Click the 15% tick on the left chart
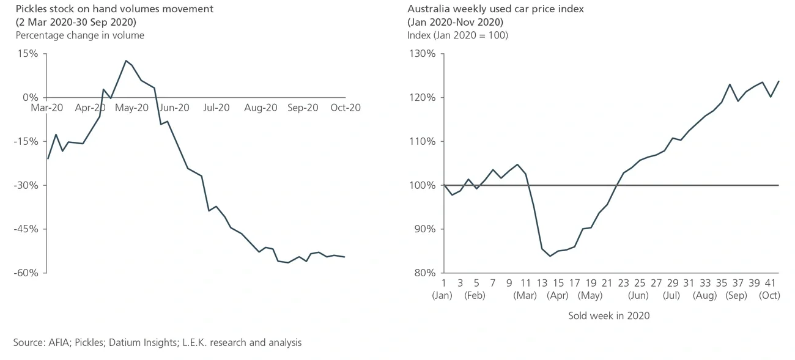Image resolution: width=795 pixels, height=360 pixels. [x=28, y=54]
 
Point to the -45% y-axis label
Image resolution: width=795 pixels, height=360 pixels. [x=26, y=229]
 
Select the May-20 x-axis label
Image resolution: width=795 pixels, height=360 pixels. [x=132, y=108]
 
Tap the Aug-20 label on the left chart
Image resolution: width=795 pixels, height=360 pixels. [x=261, y=108]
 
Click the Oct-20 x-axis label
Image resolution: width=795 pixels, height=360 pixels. [x=345, y=108]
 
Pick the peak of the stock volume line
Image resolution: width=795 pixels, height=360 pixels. [x=125, y=61]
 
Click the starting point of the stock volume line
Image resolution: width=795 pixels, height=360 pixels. [x=48, y=159]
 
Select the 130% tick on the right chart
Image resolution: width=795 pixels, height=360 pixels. [x=422, y=54]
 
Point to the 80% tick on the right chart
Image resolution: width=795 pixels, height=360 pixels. [x=424, y=273]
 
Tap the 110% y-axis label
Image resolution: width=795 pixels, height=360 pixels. [x=422, y=141]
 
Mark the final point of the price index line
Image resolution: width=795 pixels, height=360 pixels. [x=778, y=81]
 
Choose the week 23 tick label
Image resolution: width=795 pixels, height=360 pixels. [x=623, y=284]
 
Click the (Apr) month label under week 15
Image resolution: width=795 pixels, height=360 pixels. [x=557, y=295]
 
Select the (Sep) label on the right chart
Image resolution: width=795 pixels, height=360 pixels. [x=736, y=295]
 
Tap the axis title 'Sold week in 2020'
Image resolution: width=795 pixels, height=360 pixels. [x=608, y=316]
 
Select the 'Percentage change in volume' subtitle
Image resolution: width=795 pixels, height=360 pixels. [x=80, y=35]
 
